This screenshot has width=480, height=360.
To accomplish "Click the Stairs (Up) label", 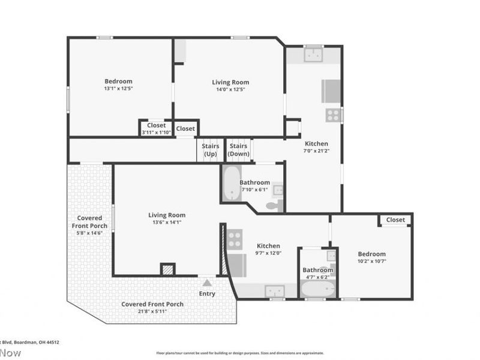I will click(x=211, y=150).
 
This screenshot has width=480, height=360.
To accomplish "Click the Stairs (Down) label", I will click(x=238, y=150).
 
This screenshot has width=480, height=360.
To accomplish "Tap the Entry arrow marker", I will click(x=207, y=283).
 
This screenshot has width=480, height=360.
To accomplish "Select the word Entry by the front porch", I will click(x=207, y=293).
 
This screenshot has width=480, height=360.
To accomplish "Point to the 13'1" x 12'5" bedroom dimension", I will click(x=118, y=89).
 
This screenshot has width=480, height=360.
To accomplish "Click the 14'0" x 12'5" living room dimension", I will click(x=230, y=89).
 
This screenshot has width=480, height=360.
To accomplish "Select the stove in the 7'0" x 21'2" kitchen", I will click(x=332, y=114).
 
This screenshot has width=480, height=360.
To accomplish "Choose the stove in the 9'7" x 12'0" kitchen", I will click(x=235, y=239).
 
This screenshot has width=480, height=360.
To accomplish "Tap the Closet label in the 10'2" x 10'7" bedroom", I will click(x=395, y=220).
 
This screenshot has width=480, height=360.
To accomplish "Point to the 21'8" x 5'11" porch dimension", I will click(x=152, y=312).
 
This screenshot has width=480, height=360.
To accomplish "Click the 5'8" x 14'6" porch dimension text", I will click(x=89, y=233).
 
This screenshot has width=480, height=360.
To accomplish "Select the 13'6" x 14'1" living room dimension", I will click(x=167, y=222).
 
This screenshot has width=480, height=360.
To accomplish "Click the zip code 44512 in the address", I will click(x=52, y=342).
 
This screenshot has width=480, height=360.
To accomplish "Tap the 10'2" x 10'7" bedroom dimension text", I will click(x=372, y=261).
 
